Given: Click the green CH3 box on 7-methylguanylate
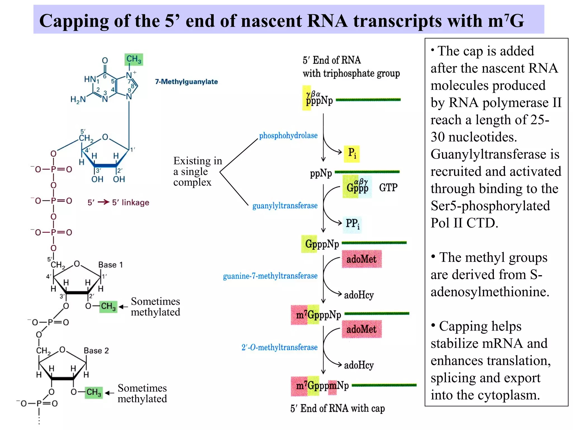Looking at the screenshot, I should point(134,59).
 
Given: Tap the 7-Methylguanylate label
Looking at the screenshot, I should point(186,82).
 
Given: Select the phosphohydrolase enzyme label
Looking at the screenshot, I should point(288,135).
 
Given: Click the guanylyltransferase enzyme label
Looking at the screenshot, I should point(285,206).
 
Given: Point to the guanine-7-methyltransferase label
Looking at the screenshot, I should point(270,276).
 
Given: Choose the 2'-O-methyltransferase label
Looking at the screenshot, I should point(279,347).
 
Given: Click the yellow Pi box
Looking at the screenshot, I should point(352,154).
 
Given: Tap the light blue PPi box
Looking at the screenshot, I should point(352,224).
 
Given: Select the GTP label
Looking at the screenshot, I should point(388,188).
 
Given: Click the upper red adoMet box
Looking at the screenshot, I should point(361,259).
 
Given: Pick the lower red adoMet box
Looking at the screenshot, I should point(361,329).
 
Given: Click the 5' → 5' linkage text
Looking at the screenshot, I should point(118,202).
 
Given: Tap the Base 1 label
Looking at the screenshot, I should point(111,265).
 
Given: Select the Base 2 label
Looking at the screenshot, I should point(96,351).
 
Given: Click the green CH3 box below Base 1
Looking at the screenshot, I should point(108,306).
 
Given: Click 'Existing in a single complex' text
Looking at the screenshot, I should point(197,171).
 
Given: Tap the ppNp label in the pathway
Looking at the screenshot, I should point(321,174).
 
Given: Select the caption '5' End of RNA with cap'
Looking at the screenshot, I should point(337,408).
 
